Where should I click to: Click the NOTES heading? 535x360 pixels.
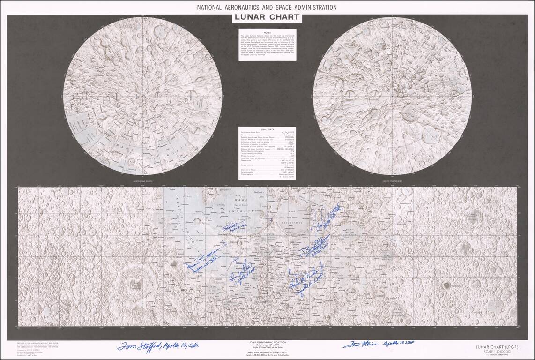click(267, 32)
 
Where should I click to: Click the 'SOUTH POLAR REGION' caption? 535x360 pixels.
click(392, 180)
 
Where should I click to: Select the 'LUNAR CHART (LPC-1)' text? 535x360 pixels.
click(498, 346)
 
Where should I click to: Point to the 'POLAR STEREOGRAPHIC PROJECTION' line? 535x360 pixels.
click(267, 343)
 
